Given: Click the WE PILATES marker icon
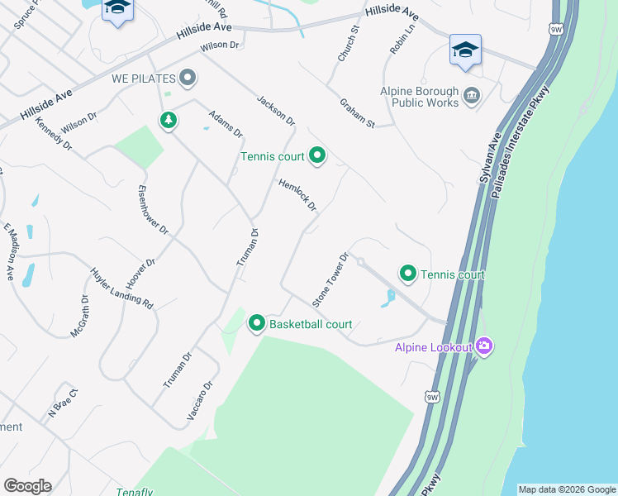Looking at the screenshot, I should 188,79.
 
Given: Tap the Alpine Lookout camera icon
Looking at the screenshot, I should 484,346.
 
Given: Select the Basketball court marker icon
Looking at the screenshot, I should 256,323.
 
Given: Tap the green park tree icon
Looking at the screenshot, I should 169,121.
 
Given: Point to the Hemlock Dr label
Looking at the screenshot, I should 297,195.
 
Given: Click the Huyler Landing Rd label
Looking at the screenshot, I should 122,288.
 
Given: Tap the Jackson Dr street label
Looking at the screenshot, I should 275,110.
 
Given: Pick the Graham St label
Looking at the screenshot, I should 357,113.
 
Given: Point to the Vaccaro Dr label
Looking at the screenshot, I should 200,400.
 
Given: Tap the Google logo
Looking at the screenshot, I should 27,485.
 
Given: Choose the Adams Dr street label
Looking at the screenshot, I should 226,123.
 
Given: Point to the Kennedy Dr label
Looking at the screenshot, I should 54,134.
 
